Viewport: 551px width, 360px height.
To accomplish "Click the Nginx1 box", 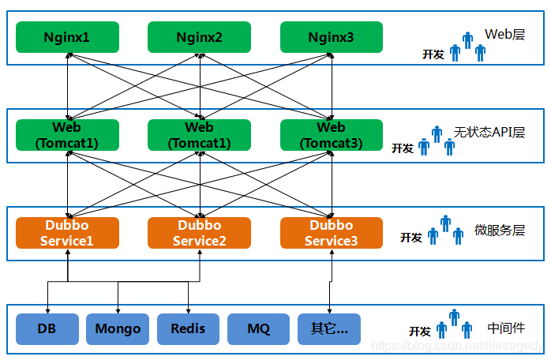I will coord(67,37).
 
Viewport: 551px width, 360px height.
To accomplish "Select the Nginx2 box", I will coord(199,37).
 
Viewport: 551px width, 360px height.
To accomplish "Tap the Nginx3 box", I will coord(331,37).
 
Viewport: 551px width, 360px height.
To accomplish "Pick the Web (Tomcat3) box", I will coord(331,135).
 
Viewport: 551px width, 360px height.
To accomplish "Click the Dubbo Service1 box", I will coord(67,233).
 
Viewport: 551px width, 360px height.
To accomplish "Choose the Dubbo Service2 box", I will coord(199,233).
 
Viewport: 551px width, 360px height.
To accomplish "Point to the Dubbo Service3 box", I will coord(331,233).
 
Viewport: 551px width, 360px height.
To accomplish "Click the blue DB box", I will coord(47,328).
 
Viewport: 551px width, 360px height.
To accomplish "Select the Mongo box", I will coord(118,328).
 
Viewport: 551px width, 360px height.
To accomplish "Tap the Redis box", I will coord(188,328).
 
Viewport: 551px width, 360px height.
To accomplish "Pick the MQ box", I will coord(259,328).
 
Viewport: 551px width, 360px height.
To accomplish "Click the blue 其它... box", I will coord(329,328).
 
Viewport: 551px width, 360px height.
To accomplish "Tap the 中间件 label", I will coord(506,327).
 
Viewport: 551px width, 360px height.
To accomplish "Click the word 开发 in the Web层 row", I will coord(433,54).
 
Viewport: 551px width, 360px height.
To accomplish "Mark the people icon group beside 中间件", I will coord(454,324).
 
